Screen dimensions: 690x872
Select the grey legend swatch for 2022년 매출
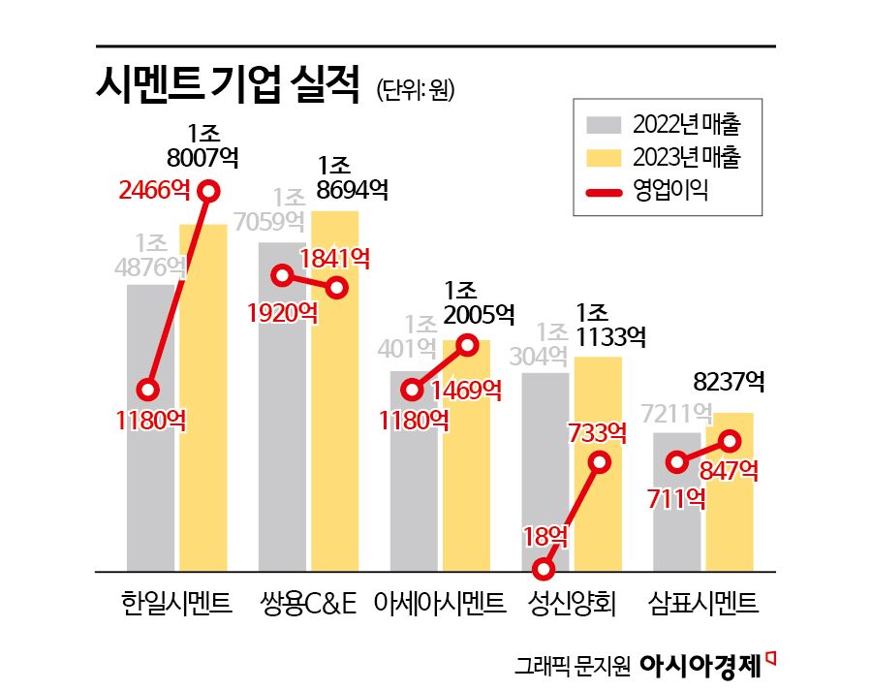[605, 125]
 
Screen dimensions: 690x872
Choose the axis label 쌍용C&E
[308, 605]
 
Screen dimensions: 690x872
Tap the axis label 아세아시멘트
[440, 605]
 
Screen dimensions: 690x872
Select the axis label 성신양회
[572, 605]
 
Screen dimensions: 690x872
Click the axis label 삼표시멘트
[703, 605]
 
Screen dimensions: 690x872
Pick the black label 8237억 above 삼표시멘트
[730, 382]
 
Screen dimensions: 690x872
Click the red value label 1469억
[466, 390]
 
